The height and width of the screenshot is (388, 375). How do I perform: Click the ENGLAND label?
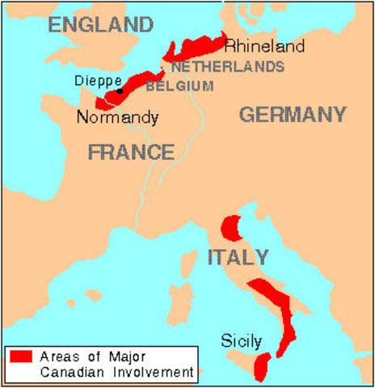click(100, 23)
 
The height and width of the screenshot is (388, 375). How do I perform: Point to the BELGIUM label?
click(180, 86)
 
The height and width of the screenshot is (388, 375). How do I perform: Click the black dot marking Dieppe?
click(120, 91)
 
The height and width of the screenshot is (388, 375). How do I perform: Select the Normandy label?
click(117, 117)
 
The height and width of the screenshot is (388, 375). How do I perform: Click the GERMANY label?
click(292, 114)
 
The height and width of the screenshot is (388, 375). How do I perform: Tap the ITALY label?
click(238, 257)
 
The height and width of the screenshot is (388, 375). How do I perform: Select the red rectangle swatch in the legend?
click(19, 356)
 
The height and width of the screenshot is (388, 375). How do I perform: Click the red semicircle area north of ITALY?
click(233, 227)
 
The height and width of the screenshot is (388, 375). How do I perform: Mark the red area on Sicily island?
click(260, 368)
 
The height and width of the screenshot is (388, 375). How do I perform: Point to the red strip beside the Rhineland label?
click(198, 48)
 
